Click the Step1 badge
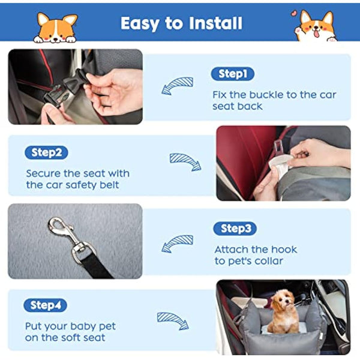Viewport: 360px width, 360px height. pos(232,74)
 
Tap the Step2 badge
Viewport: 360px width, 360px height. pos(46,152)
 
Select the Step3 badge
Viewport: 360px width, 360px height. pos(235,228)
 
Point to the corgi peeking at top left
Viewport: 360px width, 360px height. pos(57,28)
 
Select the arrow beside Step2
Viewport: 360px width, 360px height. pos(184,161)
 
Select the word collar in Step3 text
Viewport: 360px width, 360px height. pos(268,261)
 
